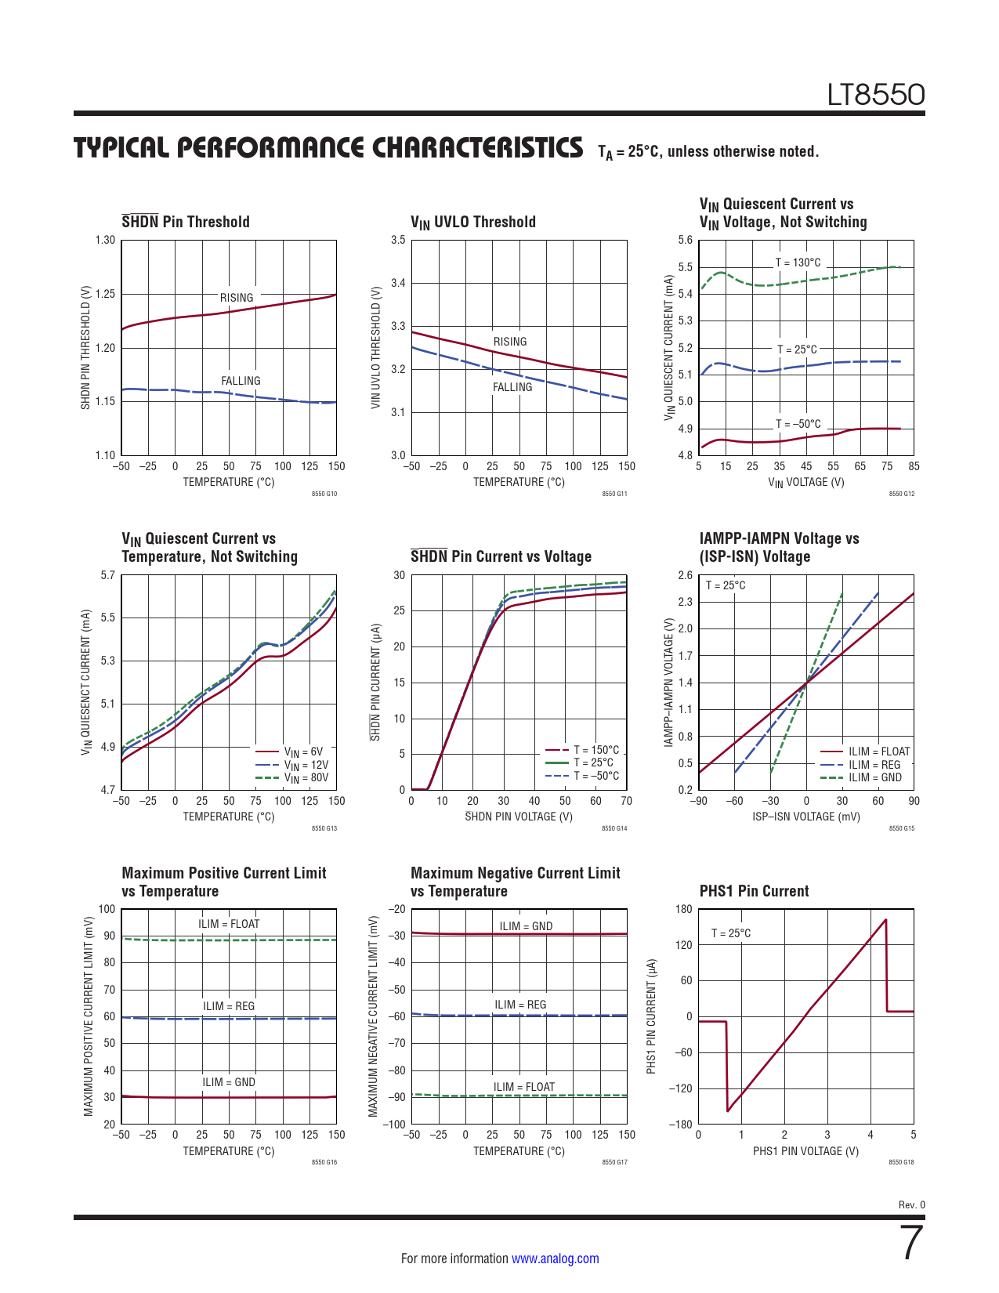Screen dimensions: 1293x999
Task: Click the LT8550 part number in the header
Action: click(x=876, y=95)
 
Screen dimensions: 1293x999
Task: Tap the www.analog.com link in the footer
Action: click(x=555, y=1259)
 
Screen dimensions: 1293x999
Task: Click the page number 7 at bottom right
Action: click(x=912, y=1243)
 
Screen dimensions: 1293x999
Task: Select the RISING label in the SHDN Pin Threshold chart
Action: click(x=237, y=298)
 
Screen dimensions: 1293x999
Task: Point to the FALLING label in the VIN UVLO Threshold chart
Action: click(x=512, y=387)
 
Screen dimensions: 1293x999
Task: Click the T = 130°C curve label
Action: click(x=798, y=263)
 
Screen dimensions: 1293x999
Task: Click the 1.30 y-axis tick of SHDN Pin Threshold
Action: click(x=105, y=240)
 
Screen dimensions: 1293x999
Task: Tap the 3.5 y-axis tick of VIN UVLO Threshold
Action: click(x=398, y=240)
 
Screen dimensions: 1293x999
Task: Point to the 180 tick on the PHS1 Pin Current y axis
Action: click(x=683, y=909)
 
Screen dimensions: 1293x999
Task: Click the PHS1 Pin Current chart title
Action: click(x=754, y=891)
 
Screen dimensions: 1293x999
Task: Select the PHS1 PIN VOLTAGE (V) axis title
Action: click(x=805, y=1151)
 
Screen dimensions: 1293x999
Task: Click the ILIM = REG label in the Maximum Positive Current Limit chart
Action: click(x=229, y=1006)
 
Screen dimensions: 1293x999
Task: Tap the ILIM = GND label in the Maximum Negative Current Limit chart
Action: click(x=526, y=926)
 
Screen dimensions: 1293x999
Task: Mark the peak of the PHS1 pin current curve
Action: click(x=885, y=920)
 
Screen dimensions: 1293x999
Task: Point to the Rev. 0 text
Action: click(x=911, y=1204)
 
